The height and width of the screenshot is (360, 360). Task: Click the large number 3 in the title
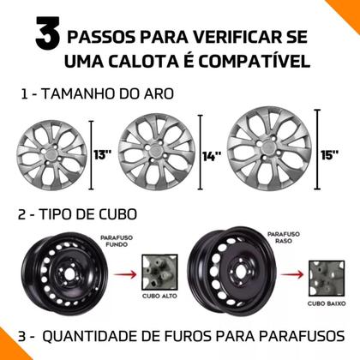tap(48, 33)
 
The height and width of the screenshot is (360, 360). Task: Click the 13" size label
tap(102, 155)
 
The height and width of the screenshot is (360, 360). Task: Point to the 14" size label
tap(212, 156)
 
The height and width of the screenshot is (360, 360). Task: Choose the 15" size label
tap(329, 155)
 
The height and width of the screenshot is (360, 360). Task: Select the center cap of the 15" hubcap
tap(269, 148)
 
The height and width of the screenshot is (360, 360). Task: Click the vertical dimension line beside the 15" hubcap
tap(317, 149)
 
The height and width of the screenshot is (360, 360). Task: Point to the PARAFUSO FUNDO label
tap(117, 241)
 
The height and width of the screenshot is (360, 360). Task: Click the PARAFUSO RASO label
tap(284, 237)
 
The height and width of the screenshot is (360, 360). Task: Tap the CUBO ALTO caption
tap(159, 296)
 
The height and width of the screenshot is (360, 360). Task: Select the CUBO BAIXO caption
tap(327, 303)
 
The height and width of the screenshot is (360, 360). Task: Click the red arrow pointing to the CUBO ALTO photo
tap(125, 275)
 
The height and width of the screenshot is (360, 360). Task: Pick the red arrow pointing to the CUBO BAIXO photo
tap(291, 275)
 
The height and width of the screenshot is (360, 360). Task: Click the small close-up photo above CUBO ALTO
tap(159, 273)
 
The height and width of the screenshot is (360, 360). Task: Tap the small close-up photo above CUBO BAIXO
tap(327, 278)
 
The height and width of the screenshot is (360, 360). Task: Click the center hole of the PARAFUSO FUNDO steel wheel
tap(69, 274)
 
